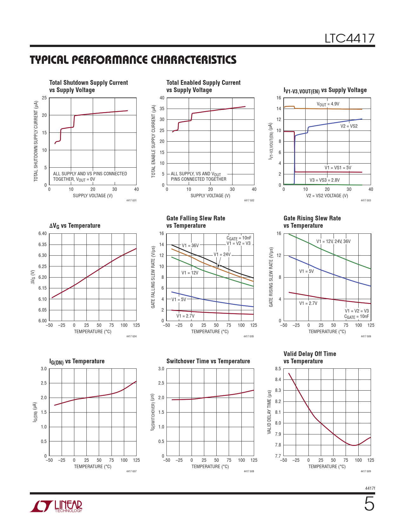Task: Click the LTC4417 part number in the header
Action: [x=349, y=39]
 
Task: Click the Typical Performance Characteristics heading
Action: [x=133, y=60]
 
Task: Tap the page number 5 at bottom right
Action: [x=369, y=504]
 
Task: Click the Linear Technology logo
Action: [x=56, y=506]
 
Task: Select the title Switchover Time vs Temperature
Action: [x=208, y=361]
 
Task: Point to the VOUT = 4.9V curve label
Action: [x=328, y=104]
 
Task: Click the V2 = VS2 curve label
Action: [x=349, y=126]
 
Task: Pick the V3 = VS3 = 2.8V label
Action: [x=324, y=180]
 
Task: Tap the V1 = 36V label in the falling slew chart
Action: [x=190, y=245]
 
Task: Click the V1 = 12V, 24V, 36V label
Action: [x=333, y=241]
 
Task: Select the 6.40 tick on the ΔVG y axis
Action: [x=43, y=234]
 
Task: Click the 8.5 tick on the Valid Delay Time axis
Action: [x=278, y=369]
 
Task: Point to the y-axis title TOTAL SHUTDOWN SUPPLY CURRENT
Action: [x=36, y=141]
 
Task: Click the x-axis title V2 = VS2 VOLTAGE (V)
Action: [x=327, y=196]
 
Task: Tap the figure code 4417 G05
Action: [x=249, y=336]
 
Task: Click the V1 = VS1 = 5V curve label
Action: [x=338, y=168]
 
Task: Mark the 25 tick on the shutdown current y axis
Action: [x=44, y=98]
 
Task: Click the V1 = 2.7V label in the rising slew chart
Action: [x=308, y=303]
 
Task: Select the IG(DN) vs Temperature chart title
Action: [x=77, y=361]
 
